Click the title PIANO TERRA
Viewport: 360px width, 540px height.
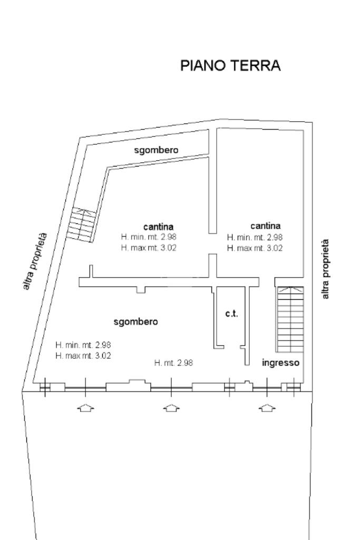[230, 66]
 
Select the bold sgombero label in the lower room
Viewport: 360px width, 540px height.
[136, 321]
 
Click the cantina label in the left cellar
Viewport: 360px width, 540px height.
[159, 227]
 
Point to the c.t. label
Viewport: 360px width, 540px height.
[231, 313]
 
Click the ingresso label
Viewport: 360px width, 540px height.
[281, 362]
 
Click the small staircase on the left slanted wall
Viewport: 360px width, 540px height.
[82, 223]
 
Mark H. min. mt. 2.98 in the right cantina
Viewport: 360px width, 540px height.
[255, 238]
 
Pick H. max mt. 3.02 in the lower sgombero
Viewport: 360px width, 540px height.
[83, 356]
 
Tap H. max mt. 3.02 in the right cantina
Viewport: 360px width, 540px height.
[255, 248]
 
